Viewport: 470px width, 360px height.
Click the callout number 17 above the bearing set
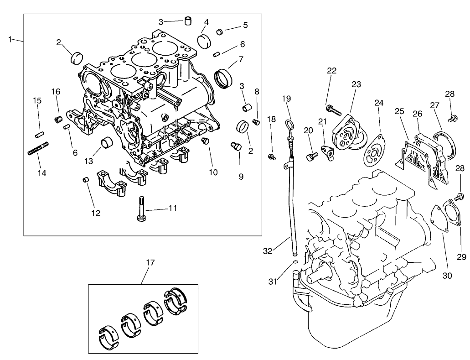[x=150, y=262]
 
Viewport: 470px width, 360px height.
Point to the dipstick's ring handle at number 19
[x=289, y=124]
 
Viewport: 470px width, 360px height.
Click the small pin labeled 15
[x=39, y=135]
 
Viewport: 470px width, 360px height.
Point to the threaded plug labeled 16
[x=58, y=120]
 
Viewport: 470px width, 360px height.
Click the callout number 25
[x=399, y=112]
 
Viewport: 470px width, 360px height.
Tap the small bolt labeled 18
[x=272, y=157]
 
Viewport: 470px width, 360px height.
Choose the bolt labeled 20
[x=311, y=157]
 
